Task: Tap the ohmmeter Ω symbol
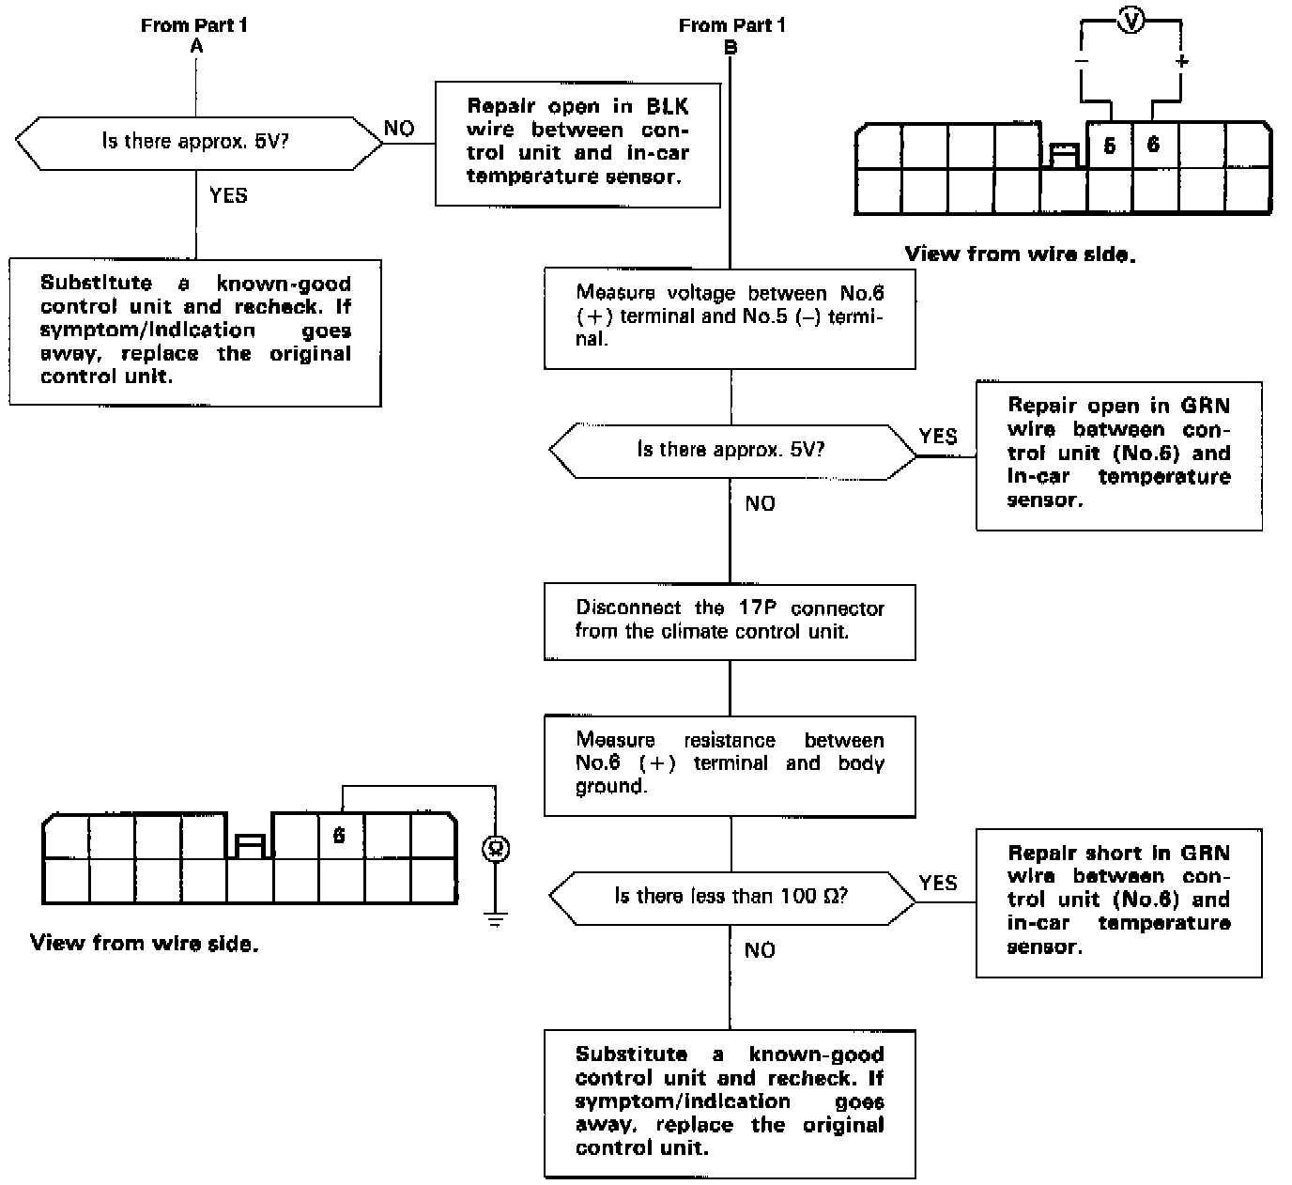495,848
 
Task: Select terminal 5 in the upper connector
1110,146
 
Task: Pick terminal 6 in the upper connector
1154,145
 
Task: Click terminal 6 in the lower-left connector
339,836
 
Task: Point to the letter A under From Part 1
195,45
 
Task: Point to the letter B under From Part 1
731,46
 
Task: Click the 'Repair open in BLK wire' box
577,143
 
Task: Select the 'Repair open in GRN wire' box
1118,454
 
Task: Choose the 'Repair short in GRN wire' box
1118,901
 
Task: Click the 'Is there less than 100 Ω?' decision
731,897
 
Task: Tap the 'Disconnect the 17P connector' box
730,621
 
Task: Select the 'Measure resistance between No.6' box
730,765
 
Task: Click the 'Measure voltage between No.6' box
730,317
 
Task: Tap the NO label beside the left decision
399,129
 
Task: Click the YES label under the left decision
228,195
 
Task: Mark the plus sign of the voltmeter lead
1181,62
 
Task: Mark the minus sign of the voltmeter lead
1082,62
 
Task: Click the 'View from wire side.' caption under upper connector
1020,254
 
